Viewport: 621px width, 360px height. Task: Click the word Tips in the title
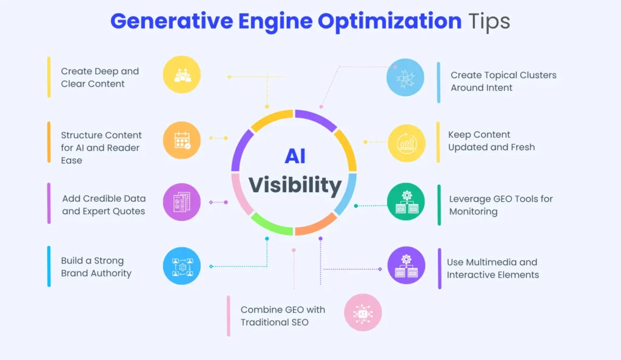[x=489, y=21]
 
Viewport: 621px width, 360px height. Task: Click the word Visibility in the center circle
[x=295, y=185]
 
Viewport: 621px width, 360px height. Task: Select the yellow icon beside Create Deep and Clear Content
[x=182, y=75]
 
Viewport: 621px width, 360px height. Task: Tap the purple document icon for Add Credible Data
[x=182, y=202]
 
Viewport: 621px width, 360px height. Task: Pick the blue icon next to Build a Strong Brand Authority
[x=182, y=266]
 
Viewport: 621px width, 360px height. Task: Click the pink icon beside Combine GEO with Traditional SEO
[x=363, y=313]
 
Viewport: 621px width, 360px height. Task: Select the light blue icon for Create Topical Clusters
[x=406, y=77]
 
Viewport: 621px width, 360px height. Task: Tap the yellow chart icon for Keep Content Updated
[x=406, y=143]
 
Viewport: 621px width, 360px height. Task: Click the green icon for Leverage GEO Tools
[x=406, y=201]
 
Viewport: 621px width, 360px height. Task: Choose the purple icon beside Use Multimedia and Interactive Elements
[x=406, y=265]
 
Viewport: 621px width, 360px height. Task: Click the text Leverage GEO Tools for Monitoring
[x=501, y=205]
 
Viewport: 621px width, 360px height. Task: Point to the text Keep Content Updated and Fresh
[x=491, y=141]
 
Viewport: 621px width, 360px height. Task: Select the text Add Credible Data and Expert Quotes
[x=104, y=205]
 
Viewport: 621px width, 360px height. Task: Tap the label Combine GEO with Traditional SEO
[x=283, y=316]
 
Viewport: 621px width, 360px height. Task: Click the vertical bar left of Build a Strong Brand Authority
[x=49, y=266]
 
